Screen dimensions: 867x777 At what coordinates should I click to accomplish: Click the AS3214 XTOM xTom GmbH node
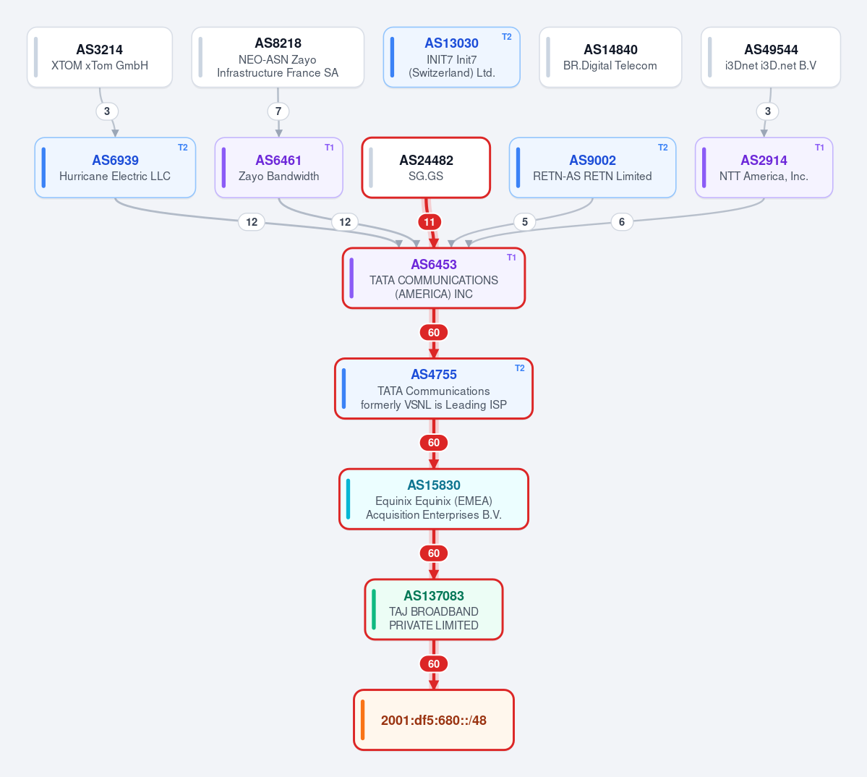100,57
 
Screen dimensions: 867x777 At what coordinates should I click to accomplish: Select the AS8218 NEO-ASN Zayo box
278,57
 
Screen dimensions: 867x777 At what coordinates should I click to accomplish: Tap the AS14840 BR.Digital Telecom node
610,57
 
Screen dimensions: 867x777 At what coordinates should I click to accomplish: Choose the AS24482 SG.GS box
426,168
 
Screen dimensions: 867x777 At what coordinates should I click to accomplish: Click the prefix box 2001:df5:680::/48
434,720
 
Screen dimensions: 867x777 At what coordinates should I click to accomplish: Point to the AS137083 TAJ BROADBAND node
434,609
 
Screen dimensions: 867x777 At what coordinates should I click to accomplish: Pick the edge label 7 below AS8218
278,111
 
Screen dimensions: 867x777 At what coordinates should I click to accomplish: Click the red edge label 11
430,222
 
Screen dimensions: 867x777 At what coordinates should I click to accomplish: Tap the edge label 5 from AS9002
525,222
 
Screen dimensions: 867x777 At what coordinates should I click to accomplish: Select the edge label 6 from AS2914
622,222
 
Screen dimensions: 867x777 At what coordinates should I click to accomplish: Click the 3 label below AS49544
767,111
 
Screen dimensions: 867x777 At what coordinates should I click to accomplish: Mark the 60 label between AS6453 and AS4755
434,332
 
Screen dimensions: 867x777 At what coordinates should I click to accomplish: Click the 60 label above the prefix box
434,663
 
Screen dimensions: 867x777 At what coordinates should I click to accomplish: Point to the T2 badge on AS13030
506,37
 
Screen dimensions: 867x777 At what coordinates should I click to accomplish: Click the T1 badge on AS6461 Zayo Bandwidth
329,148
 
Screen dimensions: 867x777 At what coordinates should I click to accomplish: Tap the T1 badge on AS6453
511,258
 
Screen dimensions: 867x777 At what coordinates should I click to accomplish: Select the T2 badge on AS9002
663,148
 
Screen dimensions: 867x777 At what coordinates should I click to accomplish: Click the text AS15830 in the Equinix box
434,485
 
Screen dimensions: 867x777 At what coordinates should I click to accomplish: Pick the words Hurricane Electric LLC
115,176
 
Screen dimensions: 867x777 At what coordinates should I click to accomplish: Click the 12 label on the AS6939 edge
252,222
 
